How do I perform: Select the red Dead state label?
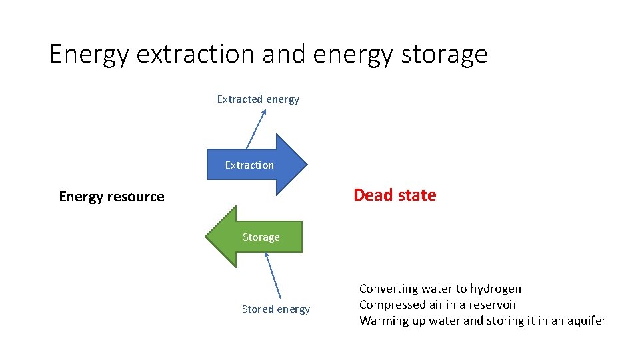pyautogui.click(x=395, y=195)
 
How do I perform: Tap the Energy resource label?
pyautogui.click(x=111, y=197)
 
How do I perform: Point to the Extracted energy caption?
pyautogui.click(x=258, y=99)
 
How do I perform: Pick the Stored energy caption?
pyautogui.click(x=275, y=309)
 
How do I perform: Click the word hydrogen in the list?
pyautogui.click(x=495, y=289)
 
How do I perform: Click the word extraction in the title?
pyautogui.click(x=196, y=54)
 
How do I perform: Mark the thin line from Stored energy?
pyautogui.click(x=273, y=275)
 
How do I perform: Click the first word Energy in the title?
pyautogui.click(x=89, y=54)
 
